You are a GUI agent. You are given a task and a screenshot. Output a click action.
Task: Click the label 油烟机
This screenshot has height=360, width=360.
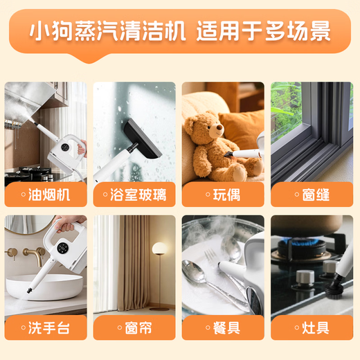click(46, 195)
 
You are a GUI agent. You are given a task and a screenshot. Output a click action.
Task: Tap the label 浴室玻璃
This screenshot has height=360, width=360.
click(134, 195)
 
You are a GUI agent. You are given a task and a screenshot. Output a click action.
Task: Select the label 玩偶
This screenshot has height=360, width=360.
click(223, 195)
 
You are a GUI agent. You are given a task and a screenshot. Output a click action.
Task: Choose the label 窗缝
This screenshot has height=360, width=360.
click(312, 195)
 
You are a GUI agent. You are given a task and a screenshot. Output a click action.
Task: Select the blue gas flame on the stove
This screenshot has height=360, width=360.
click(305, 241)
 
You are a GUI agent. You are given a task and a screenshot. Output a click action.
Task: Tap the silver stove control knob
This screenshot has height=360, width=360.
click(303, 278)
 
